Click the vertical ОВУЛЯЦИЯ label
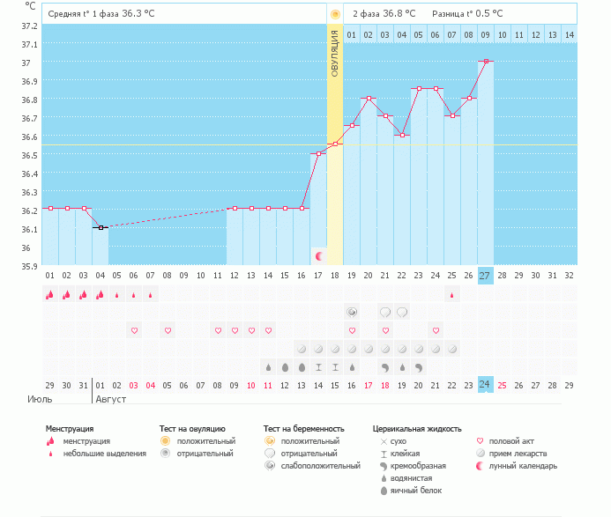(335, 54)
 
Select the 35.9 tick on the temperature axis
(30, 266)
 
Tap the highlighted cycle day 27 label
(485, 276)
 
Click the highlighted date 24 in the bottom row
(485, 385)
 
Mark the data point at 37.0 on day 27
(485, 62)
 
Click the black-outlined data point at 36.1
(101, 227)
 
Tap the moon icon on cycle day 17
(318, 256)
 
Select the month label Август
(111, 399)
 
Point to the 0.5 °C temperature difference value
(486, 14)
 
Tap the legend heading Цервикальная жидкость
(417, 429)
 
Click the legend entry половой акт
(514, 440)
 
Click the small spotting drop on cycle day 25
(451, 295)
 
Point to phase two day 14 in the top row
(569, 34)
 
